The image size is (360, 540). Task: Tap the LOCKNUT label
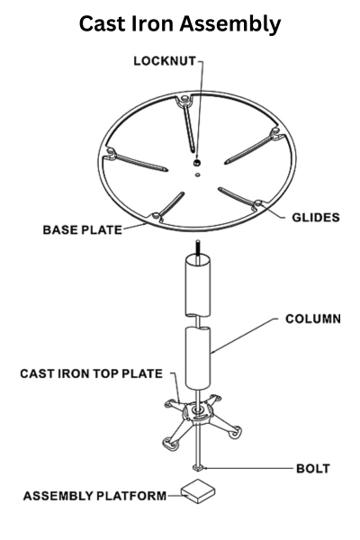(x=165, y=61)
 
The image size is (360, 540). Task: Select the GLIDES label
(x=316, y=217)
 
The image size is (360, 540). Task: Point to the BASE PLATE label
(x=82, y=229)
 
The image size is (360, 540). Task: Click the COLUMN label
(x=313, y=319)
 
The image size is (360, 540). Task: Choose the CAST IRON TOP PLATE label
(x=91, y=373)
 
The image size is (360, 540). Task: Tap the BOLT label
(x=313, y=468)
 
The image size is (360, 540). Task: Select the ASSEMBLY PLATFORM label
(x=94, y=496)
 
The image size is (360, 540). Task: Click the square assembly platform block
(x=198, y=490)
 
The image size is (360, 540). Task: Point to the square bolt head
(x=198, y=468)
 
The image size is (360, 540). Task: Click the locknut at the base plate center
(x=197, y=162)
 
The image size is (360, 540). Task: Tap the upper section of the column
(x=198, y=285)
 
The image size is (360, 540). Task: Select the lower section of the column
(x=198, y=358)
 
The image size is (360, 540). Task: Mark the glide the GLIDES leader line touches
(x=258, y=204)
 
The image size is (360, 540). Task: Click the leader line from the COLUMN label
(x=244, y=336)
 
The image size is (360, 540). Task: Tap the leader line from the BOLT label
(x=247, y=468)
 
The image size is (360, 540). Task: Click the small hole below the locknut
(x=197, y=175)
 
